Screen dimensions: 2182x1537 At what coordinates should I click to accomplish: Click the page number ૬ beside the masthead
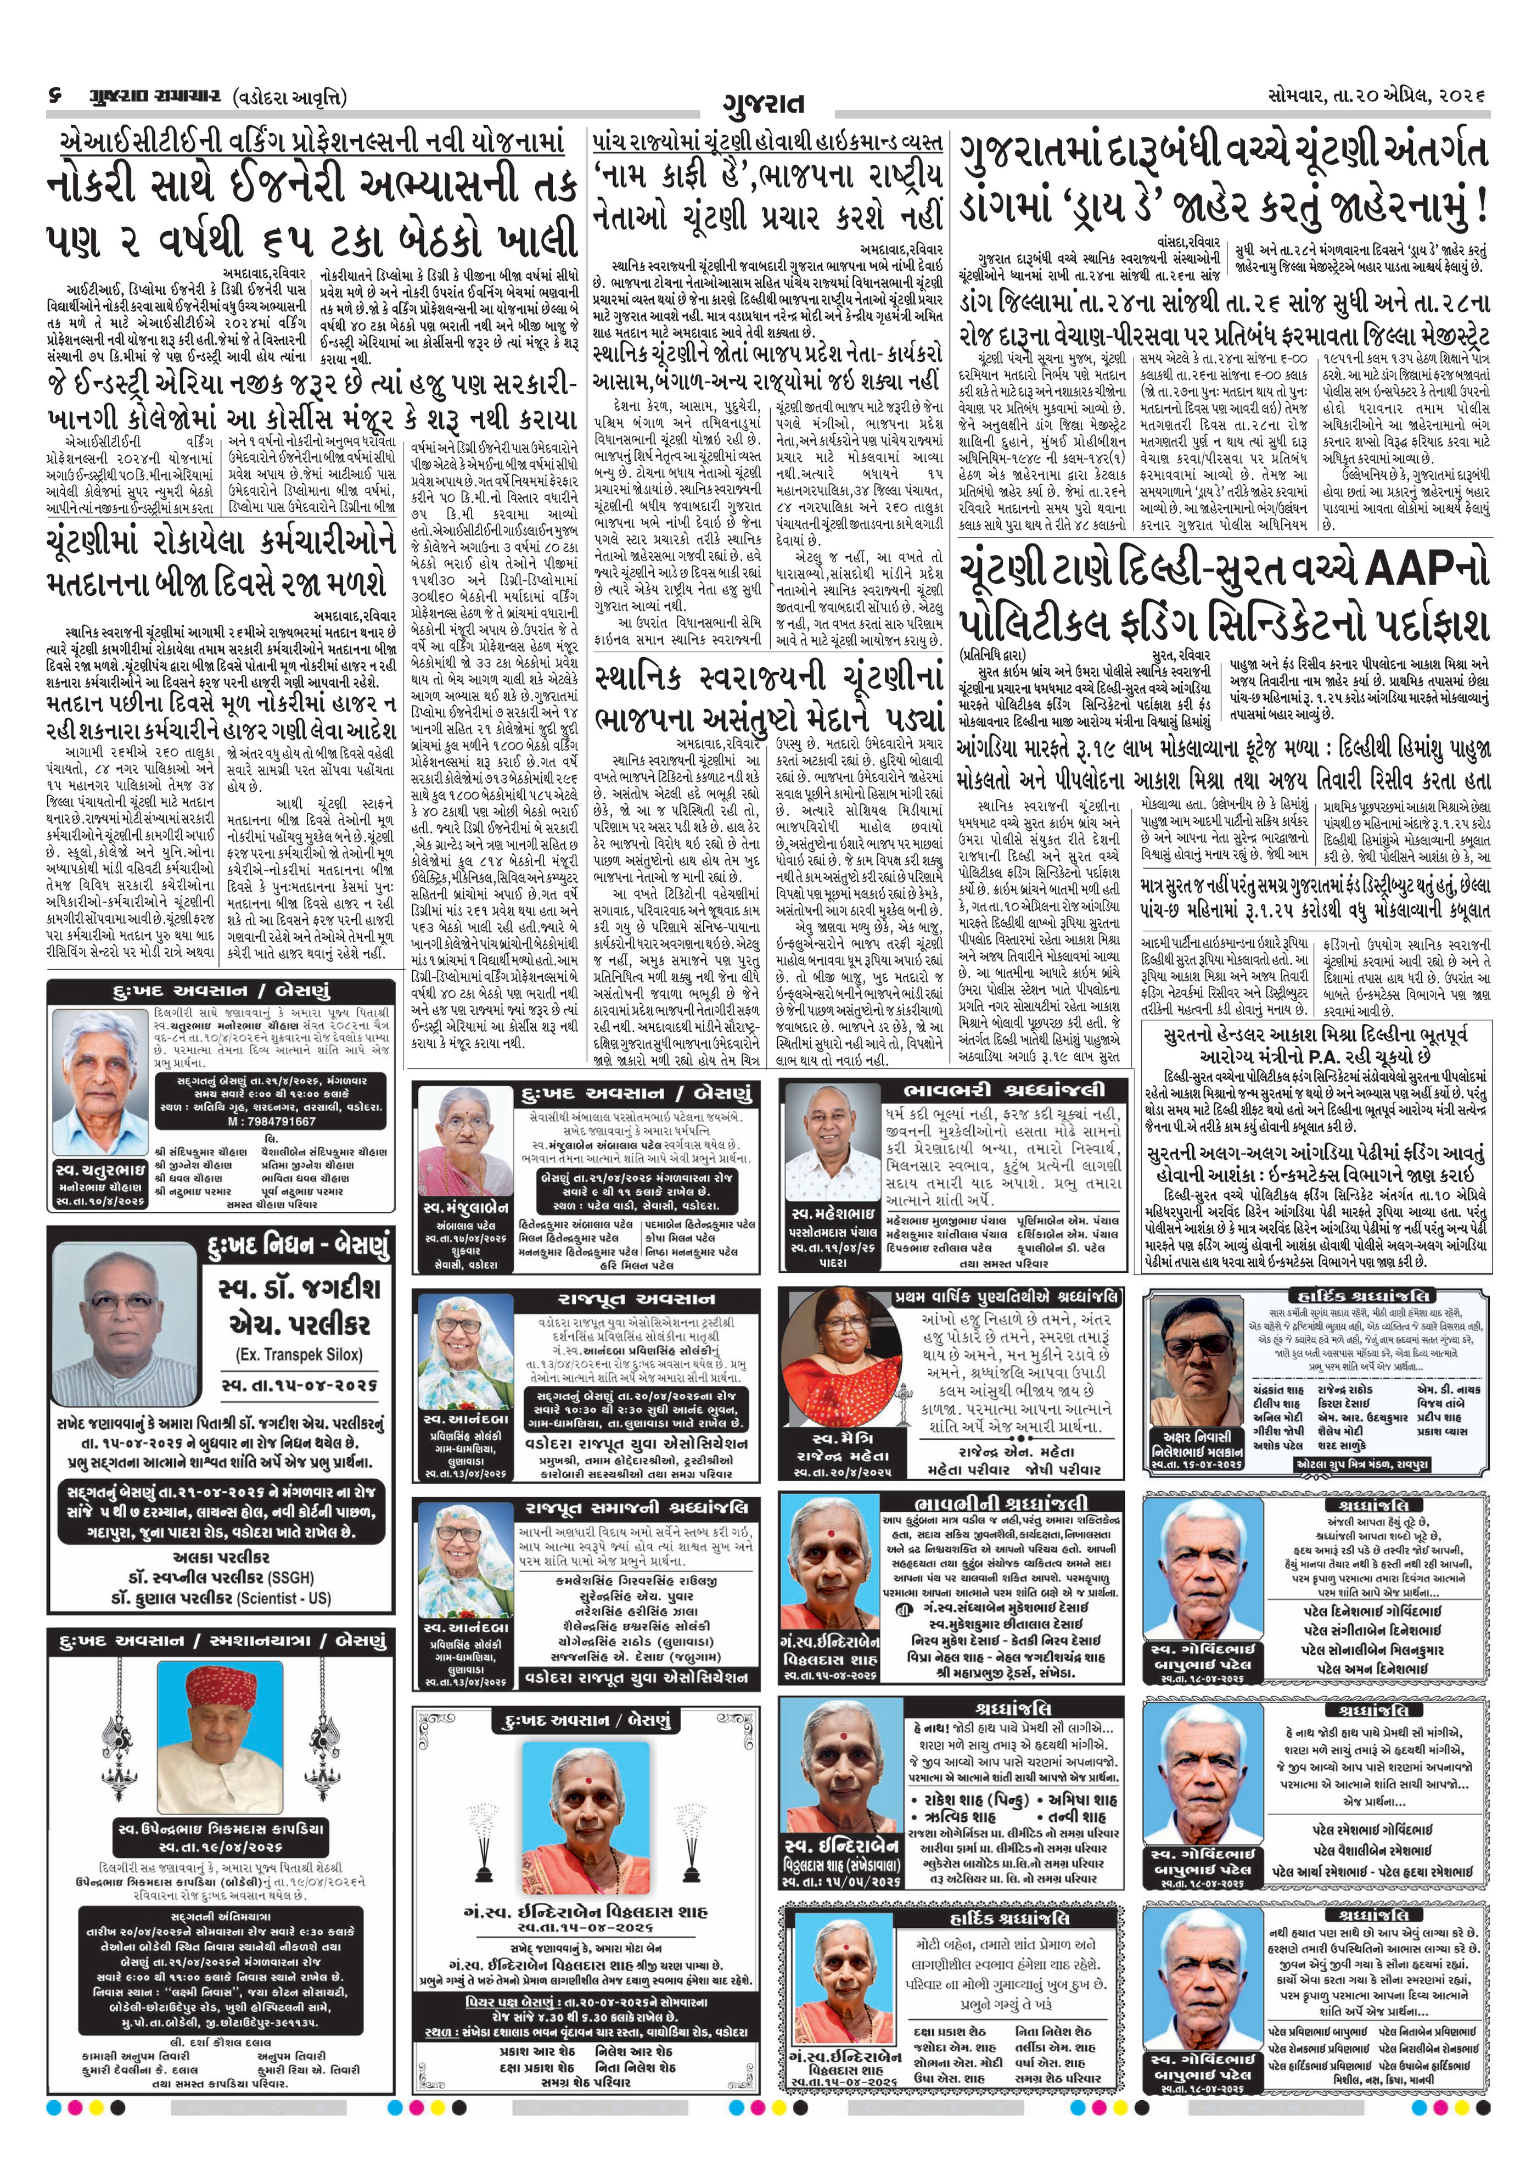[x=54, y=98]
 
